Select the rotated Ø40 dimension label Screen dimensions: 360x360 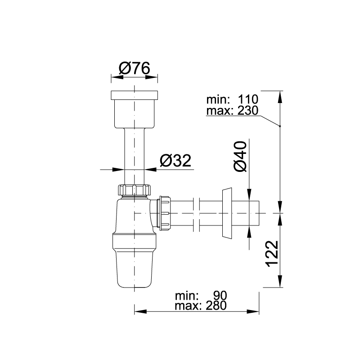point(240,156)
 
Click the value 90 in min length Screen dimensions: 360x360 point(220,296)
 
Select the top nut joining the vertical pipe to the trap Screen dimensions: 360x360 point(134,190)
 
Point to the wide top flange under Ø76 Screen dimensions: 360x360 point(134,95)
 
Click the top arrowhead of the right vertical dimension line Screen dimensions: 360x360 point(280,95)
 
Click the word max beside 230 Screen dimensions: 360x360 point(217,110)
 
